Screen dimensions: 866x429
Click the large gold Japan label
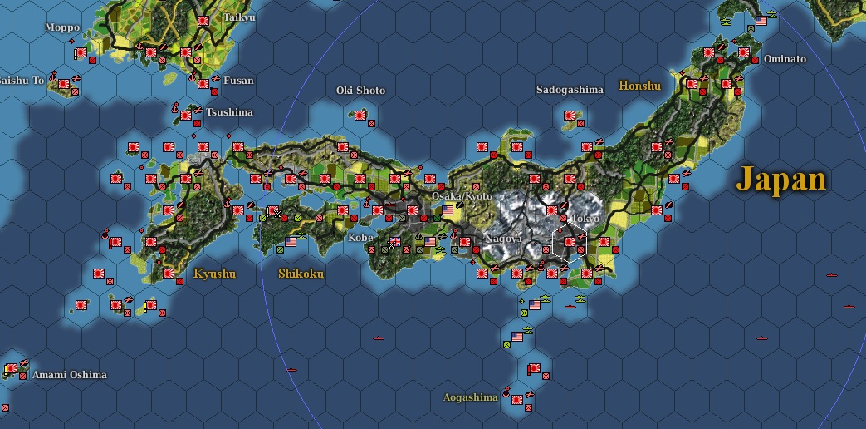(782, 180)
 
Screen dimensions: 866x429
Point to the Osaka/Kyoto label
(461, 195)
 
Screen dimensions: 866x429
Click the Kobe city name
(360, 237)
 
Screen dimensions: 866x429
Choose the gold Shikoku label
(301, 274)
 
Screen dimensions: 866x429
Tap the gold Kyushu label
(214, 274)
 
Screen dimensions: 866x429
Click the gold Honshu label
(639, 86)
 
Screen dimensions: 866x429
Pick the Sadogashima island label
(570, 90)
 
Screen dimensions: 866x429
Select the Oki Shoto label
(360, 90)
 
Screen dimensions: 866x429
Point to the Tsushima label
(230, 112)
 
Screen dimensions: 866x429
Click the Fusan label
(237, 81)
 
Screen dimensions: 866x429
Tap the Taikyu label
(240, 17)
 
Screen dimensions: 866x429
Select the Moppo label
(62, 27)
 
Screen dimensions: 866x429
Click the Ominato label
(785, 59)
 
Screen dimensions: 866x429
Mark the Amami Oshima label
(70, 375)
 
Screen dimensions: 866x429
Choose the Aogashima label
(470, 397)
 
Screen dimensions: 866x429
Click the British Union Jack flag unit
(395, 242)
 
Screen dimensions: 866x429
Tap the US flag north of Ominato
(761, 20)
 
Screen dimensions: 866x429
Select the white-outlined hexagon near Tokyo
(569, 242)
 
